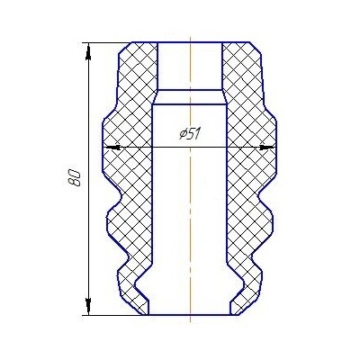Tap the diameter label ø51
click(x=189, y=134)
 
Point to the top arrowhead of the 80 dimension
click(x=88, y=47)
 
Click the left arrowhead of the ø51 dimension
click(x=111, y=147)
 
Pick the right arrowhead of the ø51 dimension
click(x=267, y=147)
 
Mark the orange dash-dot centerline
click(x=191, y=225)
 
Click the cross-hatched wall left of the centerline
click(x=130, y=180)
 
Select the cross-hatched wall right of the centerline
click(x=247, y=180)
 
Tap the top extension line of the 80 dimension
click(x=103, y=40)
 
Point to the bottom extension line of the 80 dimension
click(x=112, y=316)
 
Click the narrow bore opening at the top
click(x=191, y=63)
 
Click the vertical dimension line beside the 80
click(x=88, y=225)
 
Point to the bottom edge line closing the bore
click(x=191, y=316)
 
